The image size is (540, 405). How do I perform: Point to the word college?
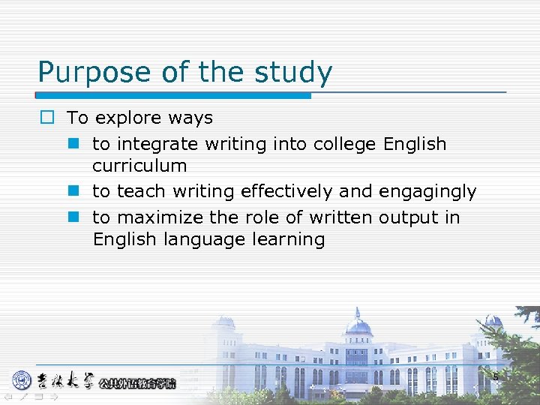pos(340,144)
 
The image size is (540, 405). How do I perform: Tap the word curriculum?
pos(139,166)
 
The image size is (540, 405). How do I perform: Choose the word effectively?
pos(287,192)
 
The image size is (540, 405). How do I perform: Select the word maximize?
pos(161,218)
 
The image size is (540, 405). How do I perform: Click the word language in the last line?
pos(187,240)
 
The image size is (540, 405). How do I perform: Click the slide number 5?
pos(495,376)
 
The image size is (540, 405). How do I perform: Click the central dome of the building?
pos(358,324)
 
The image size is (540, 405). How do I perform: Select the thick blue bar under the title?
pos(173,96)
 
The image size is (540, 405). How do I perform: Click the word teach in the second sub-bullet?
pos(141,192)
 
